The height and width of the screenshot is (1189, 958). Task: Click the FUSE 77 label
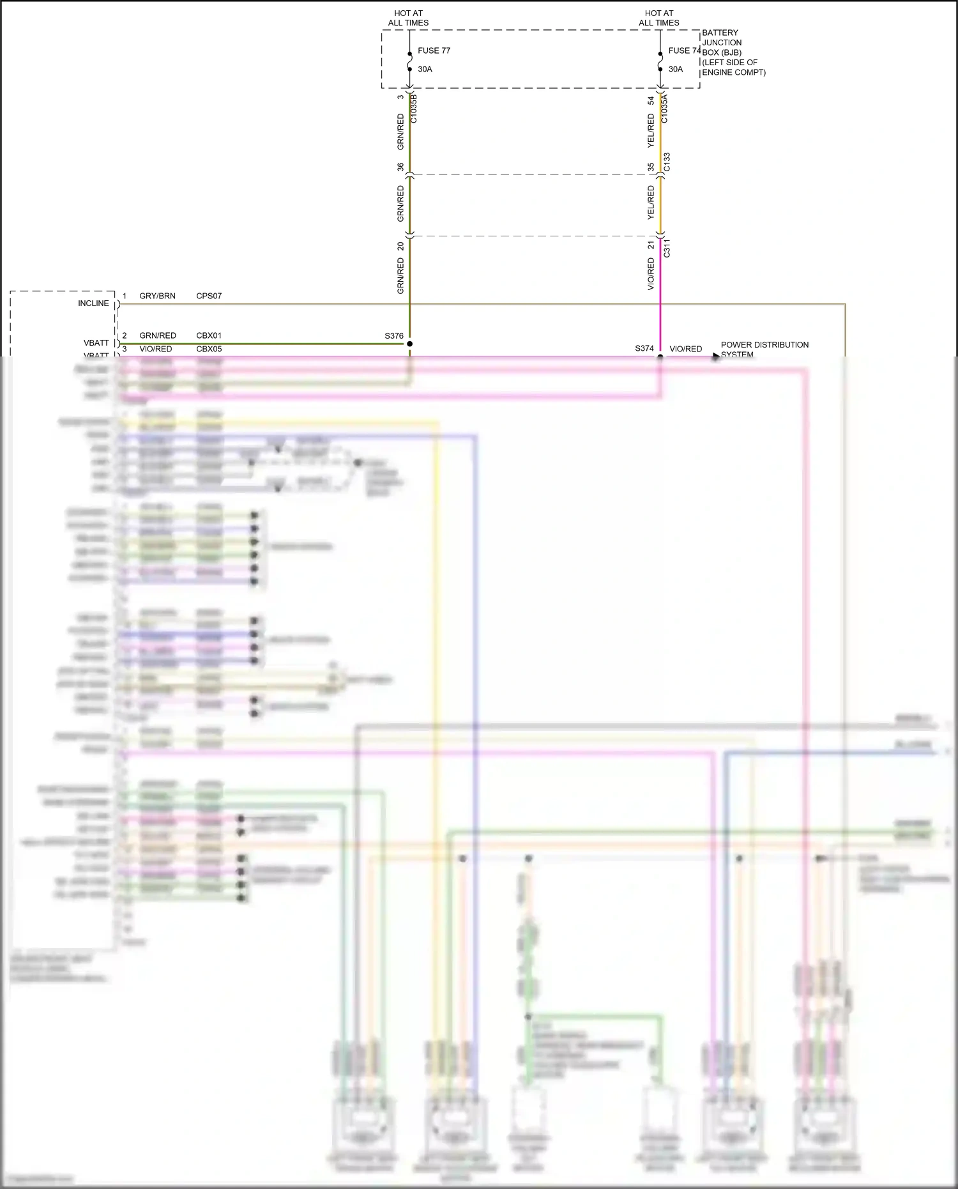434,50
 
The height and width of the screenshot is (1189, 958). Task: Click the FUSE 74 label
684,50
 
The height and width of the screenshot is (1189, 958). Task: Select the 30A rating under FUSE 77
425,69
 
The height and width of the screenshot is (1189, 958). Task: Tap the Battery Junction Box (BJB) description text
733,52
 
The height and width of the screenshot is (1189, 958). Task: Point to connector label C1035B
413,109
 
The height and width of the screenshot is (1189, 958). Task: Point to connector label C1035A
664,109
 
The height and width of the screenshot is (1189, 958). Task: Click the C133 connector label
667,162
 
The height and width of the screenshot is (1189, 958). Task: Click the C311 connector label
667,248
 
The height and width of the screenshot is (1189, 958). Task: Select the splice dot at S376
409,344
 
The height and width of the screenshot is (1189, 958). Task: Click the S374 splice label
644,348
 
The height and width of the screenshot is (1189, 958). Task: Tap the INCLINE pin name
93,303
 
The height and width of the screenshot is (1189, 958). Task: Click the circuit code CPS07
209,296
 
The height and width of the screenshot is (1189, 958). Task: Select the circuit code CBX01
209,335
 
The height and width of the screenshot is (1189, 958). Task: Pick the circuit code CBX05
209,349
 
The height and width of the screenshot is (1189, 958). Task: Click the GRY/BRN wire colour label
157,296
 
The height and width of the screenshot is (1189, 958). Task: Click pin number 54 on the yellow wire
651,101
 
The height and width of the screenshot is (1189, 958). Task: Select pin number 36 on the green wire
400,167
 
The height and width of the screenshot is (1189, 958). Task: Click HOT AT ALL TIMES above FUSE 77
408,18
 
